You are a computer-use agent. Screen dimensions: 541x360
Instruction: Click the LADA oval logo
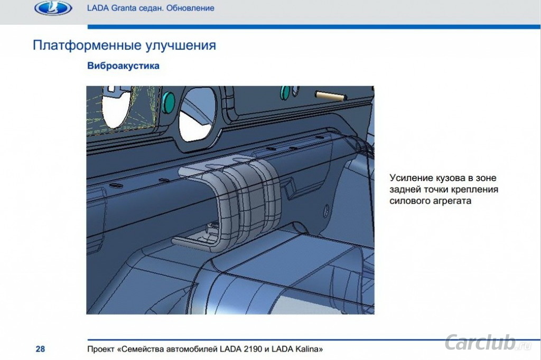53,8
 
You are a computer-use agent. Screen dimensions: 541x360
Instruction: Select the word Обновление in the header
190,8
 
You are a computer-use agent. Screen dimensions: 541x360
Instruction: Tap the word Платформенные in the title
87,45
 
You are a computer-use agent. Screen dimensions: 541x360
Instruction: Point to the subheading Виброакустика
123,65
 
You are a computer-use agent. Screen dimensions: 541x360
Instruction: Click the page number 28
40,349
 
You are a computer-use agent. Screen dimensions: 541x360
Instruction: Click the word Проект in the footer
101,349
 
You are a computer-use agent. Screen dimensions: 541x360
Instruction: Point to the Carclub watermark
488,342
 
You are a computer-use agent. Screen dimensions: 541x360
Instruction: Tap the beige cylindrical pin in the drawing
331,96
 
